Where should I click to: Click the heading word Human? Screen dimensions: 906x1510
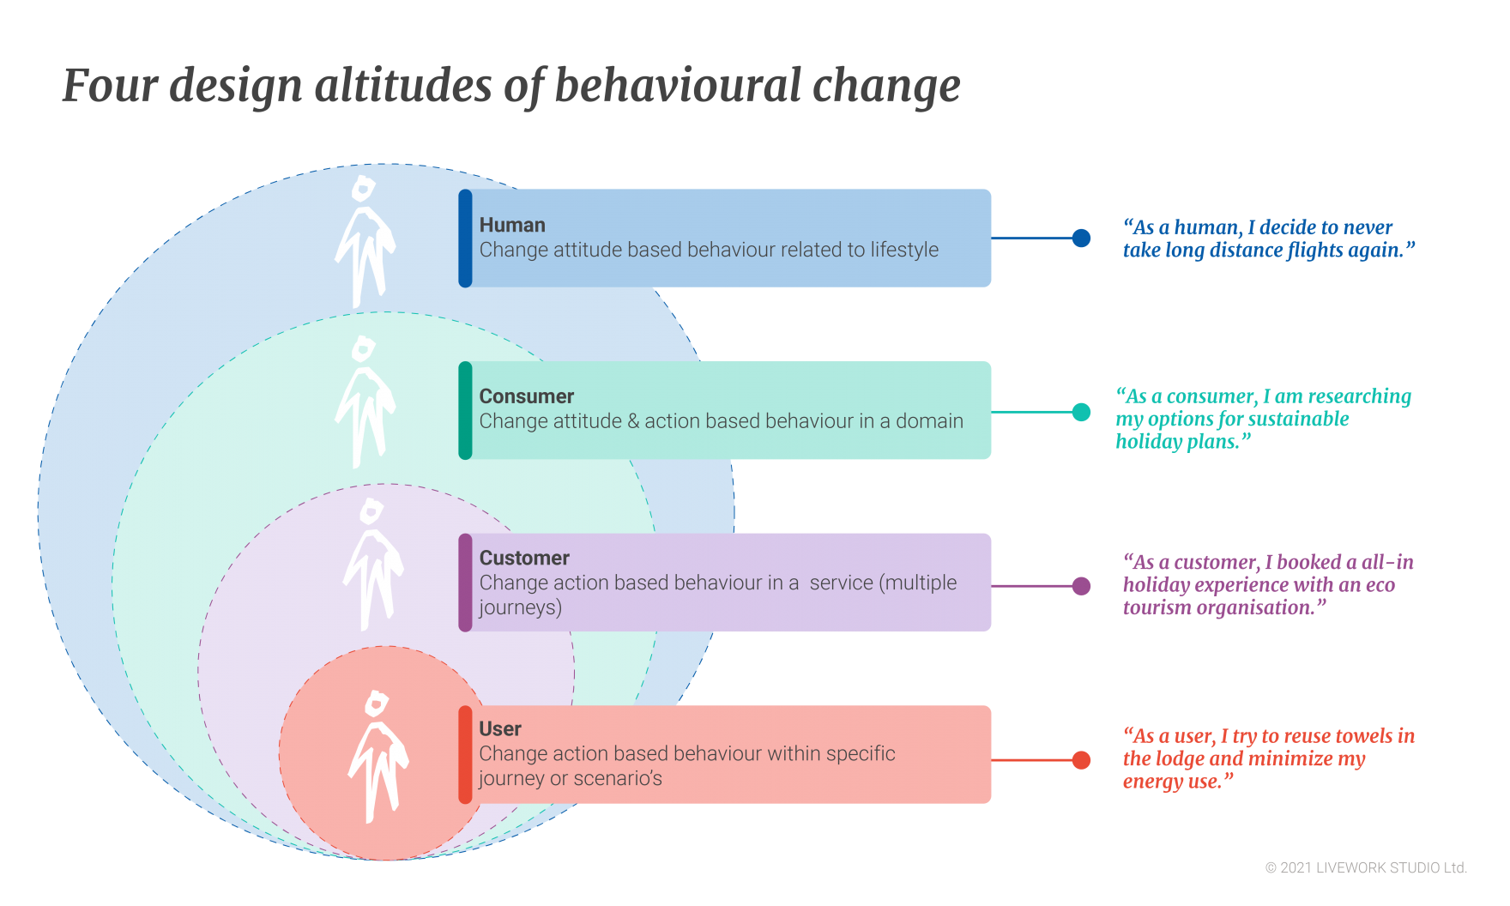click(x=512, y=225)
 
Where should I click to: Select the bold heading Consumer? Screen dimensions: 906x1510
click(x=526, y=396)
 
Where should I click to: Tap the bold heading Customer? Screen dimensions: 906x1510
click(x=524, y=558)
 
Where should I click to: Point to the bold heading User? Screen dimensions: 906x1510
click(x=500, y=728)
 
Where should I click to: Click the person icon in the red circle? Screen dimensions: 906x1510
click(x=378, y=756)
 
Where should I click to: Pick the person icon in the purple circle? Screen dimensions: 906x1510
click(x=372, y=564)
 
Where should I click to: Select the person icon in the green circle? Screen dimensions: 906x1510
click(x=365, y=402)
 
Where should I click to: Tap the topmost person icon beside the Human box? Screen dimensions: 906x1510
click(x=365, y=241)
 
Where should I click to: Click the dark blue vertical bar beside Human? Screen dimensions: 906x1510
click(x=465, y=239)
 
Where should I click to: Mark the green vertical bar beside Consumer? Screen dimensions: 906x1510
click(x=465, y=410)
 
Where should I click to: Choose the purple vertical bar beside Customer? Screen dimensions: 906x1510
click(x=465, y=583)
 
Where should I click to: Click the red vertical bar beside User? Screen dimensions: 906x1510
click(x=465, y=755)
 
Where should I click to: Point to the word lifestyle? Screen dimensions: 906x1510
click(x=904, y=250)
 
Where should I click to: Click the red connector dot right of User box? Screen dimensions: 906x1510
click(x=1085, y=760)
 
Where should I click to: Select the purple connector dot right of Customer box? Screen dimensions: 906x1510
click(x=1084, y=586)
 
